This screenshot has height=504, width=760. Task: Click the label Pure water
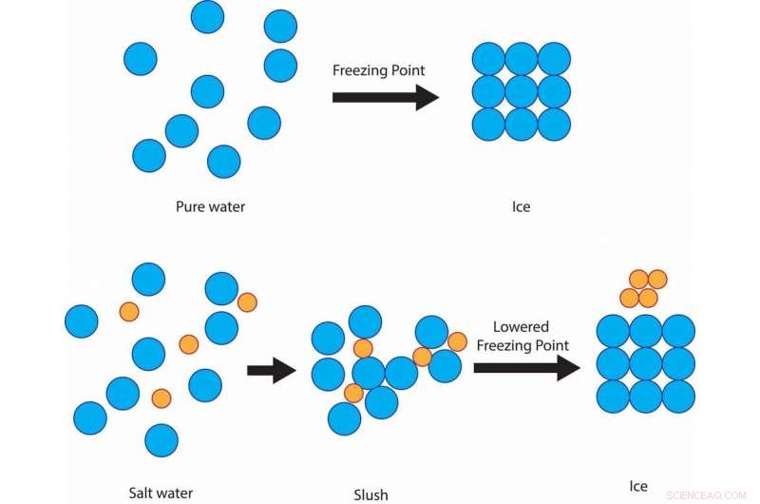(x=210, y=206)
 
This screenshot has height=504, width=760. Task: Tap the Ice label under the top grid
(x=521, y=206)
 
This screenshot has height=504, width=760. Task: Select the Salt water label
(x=161, y=493)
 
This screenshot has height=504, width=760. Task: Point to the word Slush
(x=370, y=494)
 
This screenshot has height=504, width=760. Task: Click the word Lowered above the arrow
(x=522, y=326)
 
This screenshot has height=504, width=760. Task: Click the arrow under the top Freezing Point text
(x=385, y=97)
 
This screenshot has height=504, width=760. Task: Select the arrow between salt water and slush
(x=272, y=371)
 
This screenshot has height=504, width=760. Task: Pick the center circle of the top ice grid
(x=521, y=92)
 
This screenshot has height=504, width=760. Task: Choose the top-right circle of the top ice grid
(x=554, y=60)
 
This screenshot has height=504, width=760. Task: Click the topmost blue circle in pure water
(x=208, y=16)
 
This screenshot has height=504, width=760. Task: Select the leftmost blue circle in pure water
(x=141, y=59)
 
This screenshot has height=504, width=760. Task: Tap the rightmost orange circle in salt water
(x=247, y=302)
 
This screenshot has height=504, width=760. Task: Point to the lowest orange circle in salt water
(x=161, y=397)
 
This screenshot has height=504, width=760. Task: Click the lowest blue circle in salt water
(x=161, y=440)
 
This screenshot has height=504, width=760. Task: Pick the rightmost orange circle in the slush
(x=457, y=341)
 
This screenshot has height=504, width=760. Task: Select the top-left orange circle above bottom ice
(x=637, y=279)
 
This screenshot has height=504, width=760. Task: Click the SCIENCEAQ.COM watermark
(x=708, y=494)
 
